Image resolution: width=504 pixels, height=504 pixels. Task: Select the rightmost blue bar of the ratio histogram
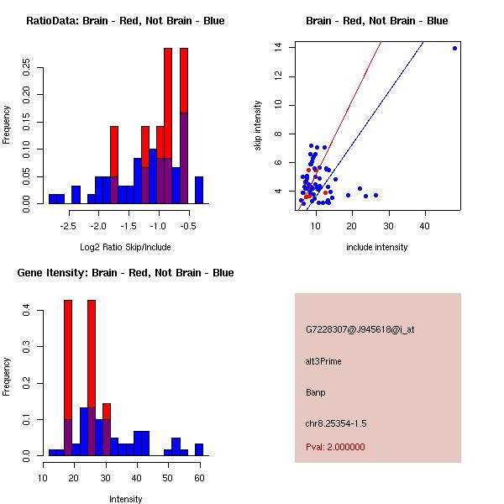point(199,189)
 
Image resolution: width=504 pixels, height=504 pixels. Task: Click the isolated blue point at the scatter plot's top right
point(454,48)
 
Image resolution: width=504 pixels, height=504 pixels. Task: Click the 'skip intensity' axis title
point(258,126)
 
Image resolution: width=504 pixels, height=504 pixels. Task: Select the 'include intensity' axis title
point(376,247)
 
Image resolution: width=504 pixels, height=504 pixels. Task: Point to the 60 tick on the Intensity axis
point(199,478)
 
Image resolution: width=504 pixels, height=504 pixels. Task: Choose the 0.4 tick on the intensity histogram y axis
point(27,311)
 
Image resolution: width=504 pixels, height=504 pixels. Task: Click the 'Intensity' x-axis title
point(125,499)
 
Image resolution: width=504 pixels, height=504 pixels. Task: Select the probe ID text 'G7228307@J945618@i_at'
point(360,329)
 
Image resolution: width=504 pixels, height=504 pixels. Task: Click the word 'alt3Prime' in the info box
point(323,361)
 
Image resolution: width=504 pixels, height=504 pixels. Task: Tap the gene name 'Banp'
point(316,392)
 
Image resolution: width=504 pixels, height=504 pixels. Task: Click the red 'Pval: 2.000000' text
point(335,447)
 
